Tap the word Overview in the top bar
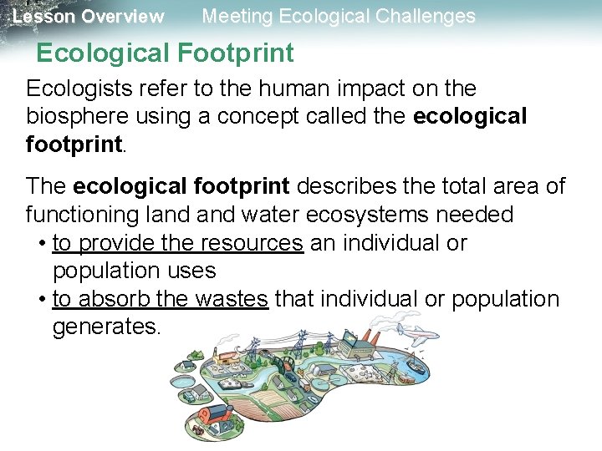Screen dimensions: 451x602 123,17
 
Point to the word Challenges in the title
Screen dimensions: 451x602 427,16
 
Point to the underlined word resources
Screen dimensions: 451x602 250,243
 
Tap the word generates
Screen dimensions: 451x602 105,327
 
